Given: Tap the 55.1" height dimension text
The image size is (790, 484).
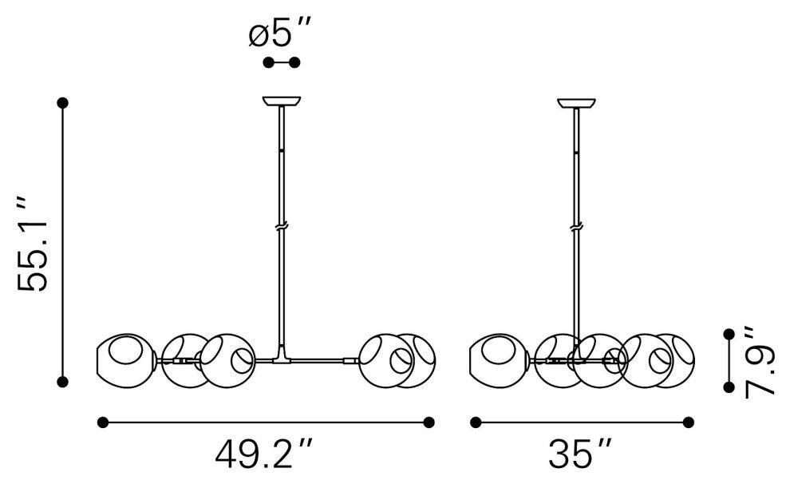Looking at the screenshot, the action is (x=32, y=242).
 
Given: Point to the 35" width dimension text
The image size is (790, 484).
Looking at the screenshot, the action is (x=579, y=454).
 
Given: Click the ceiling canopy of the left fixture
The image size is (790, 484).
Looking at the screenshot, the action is (x=282, y=101).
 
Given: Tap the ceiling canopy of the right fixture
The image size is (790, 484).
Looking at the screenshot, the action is (x=576, y=103).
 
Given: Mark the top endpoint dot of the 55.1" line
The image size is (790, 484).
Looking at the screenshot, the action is (x=62, y=103).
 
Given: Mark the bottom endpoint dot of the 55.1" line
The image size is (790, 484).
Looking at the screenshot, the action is (x=62, y=382).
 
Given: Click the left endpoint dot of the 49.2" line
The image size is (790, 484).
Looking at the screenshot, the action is (x=103, y=422).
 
